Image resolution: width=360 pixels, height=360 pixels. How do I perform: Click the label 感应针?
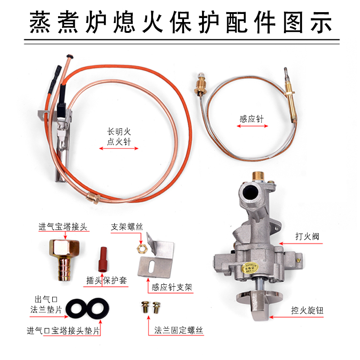(252, 119)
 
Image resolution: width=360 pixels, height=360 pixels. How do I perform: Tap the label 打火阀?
(307, 236)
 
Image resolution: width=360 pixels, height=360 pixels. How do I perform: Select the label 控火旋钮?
(307, 310)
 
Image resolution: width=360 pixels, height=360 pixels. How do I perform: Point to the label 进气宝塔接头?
(63, 227)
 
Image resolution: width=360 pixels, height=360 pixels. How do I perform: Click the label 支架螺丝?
(127, 227)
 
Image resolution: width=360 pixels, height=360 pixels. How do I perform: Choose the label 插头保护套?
(106, 280)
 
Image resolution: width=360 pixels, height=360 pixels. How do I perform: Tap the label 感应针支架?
(172, 287)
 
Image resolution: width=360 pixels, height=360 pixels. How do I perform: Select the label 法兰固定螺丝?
(179, 330)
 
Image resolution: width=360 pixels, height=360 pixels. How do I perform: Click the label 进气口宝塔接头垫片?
(63, 331)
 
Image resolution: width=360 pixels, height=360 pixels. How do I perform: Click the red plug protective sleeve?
(103, 259)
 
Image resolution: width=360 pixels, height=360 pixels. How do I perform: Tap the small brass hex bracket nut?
(140, 248)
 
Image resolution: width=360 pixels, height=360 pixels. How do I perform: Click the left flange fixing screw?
(145, 307)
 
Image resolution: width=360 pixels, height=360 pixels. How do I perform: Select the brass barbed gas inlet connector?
(64, 260)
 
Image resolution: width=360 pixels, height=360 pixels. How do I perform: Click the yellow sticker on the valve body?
(250, 267)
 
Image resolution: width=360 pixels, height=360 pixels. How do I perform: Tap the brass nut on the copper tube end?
(93, 198)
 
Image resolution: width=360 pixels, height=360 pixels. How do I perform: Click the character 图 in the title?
(293, 22)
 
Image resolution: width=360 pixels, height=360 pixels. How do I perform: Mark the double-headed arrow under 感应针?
(252, 126)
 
